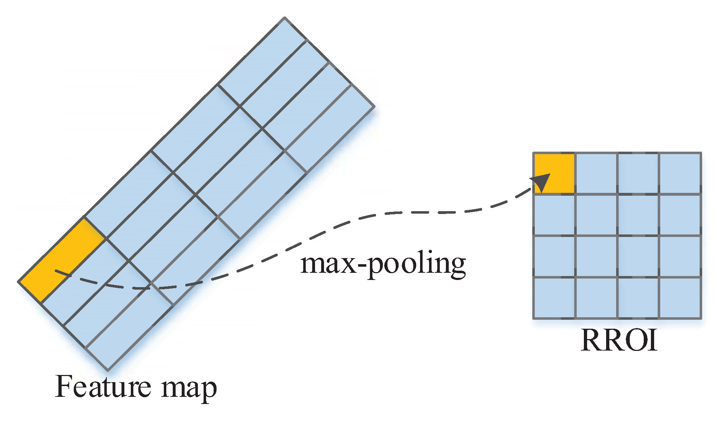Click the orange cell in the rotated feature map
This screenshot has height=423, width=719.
pos(62,260)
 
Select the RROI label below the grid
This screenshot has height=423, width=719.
pos(619,340)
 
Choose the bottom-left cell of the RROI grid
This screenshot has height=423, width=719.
pos(554,298)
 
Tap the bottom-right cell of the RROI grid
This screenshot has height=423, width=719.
pos(680,298)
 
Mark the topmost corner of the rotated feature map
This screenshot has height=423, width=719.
pos(284,17)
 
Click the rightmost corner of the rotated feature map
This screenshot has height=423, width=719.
pos(375,106)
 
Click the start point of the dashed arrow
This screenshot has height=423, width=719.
pos(56,271)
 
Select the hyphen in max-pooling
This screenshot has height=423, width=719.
pos(362,266)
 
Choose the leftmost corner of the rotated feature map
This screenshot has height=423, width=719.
pos(18,282)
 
